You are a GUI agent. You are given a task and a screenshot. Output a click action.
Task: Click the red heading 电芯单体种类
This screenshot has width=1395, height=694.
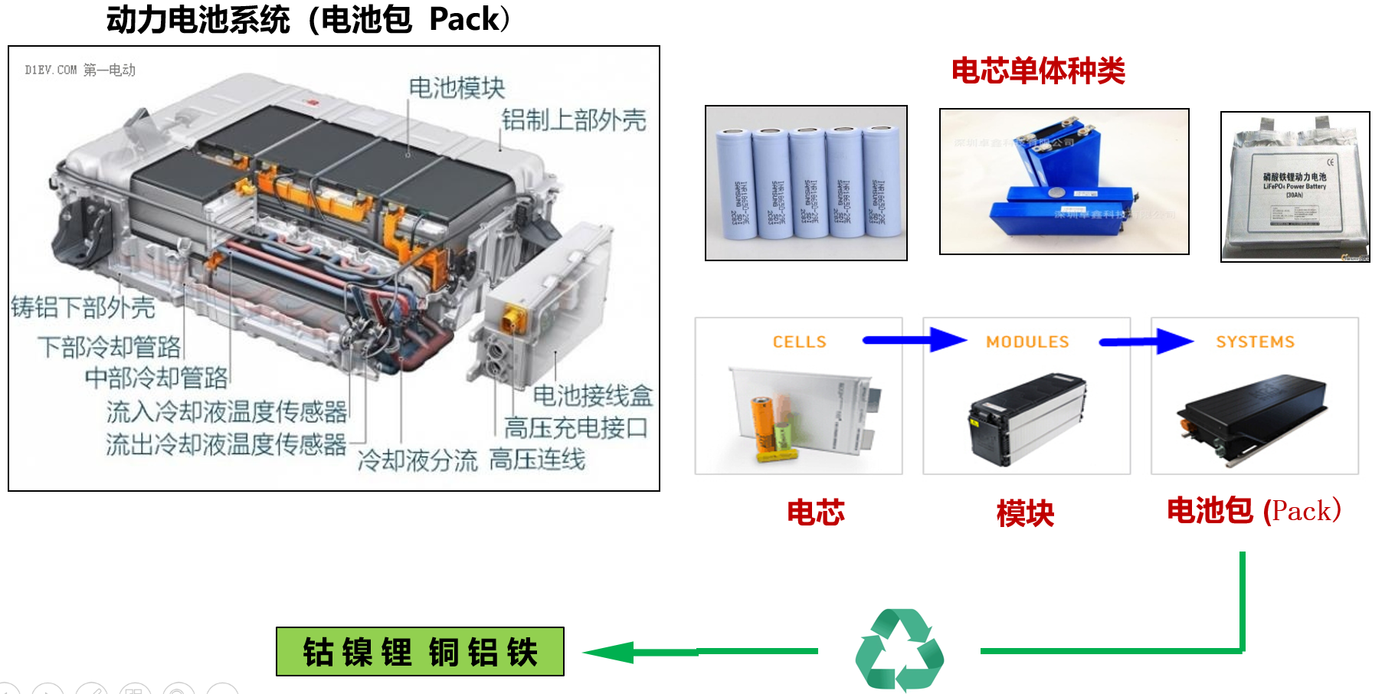click(x=1038, y=71)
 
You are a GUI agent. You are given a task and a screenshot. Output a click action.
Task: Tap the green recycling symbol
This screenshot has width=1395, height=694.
click(x=899, y=650)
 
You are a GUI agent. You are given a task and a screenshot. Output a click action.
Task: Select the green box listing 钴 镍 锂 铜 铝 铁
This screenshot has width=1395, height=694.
click(x=420, y=652)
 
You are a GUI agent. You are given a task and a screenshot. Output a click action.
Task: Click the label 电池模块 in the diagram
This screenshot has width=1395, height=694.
click(x=457, y=88)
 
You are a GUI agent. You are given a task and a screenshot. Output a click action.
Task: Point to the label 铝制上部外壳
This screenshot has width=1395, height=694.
click(x=574, y=120)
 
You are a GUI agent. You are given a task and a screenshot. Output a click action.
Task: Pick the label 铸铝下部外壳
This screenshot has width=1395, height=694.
click(x=83, y=307)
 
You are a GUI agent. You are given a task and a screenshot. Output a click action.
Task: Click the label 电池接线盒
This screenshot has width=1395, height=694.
click(x=592, y=395)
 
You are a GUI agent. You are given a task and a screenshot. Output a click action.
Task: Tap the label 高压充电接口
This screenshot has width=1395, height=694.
click(x=575, y=427)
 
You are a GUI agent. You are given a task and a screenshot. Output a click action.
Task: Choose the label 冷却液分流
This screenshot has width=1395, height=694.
click(x=418, y=460)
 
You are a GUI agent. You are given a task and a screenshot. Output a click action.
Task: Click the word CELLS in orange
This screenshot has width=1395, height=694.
click(x=799, y=342)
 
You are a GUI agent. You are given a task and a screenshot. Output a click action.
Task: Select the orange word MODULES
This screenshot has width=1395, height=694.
click(x=1027, y=342)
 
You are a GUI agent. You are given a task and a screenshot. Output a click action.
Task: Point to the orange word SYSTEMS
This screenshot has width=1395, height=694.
click(x=1255, y=342)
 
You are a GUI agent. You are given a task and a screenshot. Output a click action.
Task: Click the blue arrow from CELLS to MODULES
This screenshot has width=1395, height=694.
click(x=915, y=339)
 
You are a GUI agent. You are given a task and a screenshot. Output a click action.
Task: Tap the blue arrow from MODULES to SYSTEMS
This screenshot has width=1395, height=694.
click(x=1145, y=341)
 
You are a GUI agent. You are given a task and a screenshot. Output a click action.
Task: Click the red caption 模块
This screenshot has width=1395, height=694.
click(x=1025, y=513)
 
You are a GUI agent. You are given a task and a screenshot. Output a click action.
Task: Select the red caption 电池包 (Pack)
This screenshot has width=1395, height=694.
click(x=1253, y=511)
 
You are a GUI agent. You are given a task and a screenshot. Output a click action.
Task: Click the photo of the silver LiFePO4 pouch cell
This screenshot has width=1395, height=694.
click(x=1295, y=187)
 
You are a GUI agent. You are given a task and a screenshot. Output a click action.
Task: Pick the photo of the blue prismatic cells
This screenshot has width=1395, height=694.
click(x=1064, y=182)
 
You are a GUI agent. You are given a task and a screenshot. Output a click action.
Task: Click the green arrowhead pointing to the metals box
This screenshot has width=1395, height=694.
click(x=610, y=652)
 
